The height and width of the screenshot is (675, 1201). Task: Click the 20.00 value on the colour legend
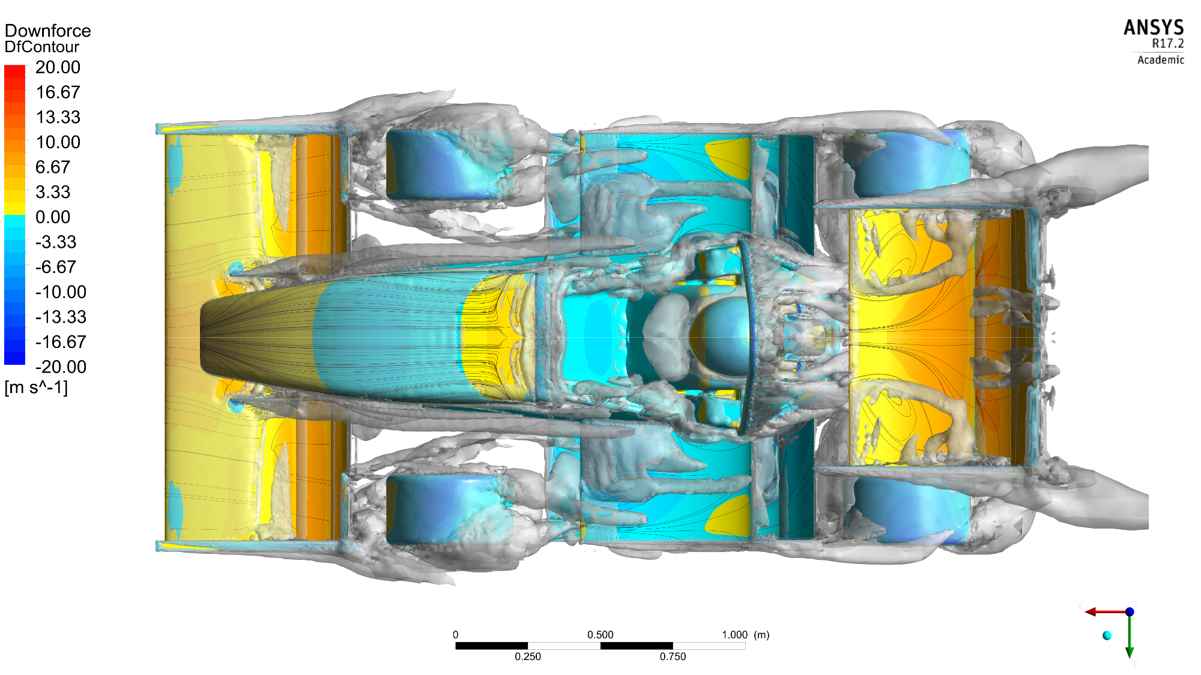pyautogui.click(x=58, y=67)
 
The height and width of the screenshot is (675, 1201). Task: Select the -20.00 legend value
pyautogui.click(x=61, y=367)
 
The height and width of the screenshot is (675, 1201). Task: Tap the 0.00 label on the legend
pyautogui.click(x=53, y=217)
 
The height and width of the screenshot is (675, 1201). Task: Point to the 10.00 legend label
pyautogui.click(x=58, y=142)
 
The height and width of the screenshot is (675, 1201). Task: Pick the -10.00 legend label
pyautogui.click(x=61, y=292)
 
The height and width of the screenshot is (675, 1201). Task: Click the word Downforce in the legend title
pyautogui.click(x=47, y=31)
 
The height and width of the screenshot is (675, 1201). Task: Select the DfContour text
pyautogui.click(x=41, y=47)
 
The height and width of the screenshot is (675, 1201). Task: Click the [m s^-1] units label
pyautogui.click(x=36, y=388)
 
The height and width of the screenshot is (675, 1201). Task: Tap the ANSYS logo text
pyautogui.click(x=1154, y=28)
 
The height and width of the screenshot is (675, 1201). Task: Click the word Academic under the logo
pyautogui.click(x=1161, y=59)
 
